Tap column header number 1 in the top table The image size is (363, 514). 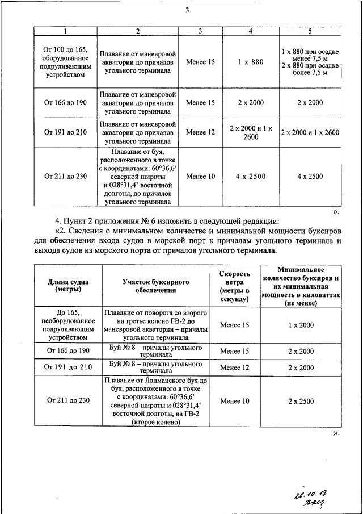click(65, 31)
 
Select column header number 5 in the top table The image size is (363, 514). click(310, 31)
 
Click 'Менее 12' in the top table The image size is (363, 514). click(200, 132)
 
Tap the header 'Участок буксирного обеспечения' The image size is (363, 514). click(155, 286)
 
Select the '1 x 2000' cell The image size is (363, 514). click(301, 325)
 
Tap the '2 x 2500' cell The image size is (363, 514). click(301, 401)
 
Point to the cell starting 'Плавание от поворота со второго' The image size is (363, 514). click(155, 324)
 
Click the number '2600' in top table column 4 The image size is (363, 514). click(250, 137)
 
